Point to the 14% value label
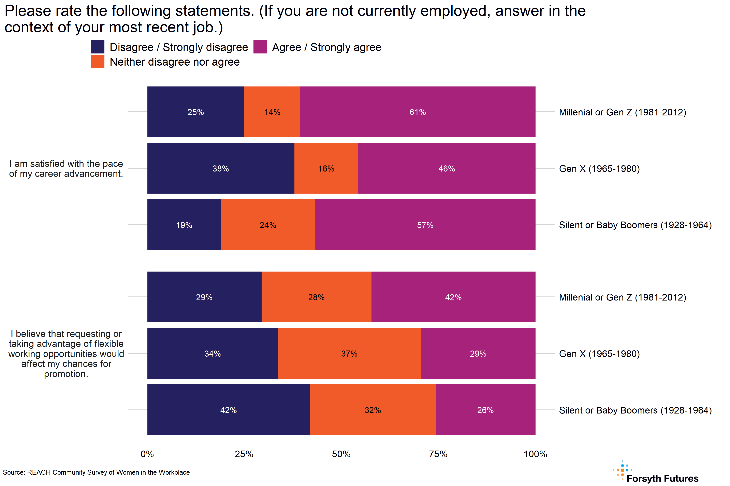[x=272, y=112]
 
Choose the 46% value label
[x=447, y=169]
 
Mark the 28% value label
[x=316, y=297]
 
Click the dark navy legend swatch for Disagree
[x=98, y=47]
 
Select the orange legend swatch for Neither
[x=98, y=61]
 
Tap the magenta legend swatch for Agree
[x=260, y=47]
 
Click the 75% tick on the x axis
[x=438, y=454]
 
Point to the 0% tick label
[x=147, y=454]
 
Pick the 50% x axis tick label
[x=341, y=454]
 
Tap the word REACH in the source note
[x=39, y=472]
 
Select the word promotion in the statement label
[x=66, y=374]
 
